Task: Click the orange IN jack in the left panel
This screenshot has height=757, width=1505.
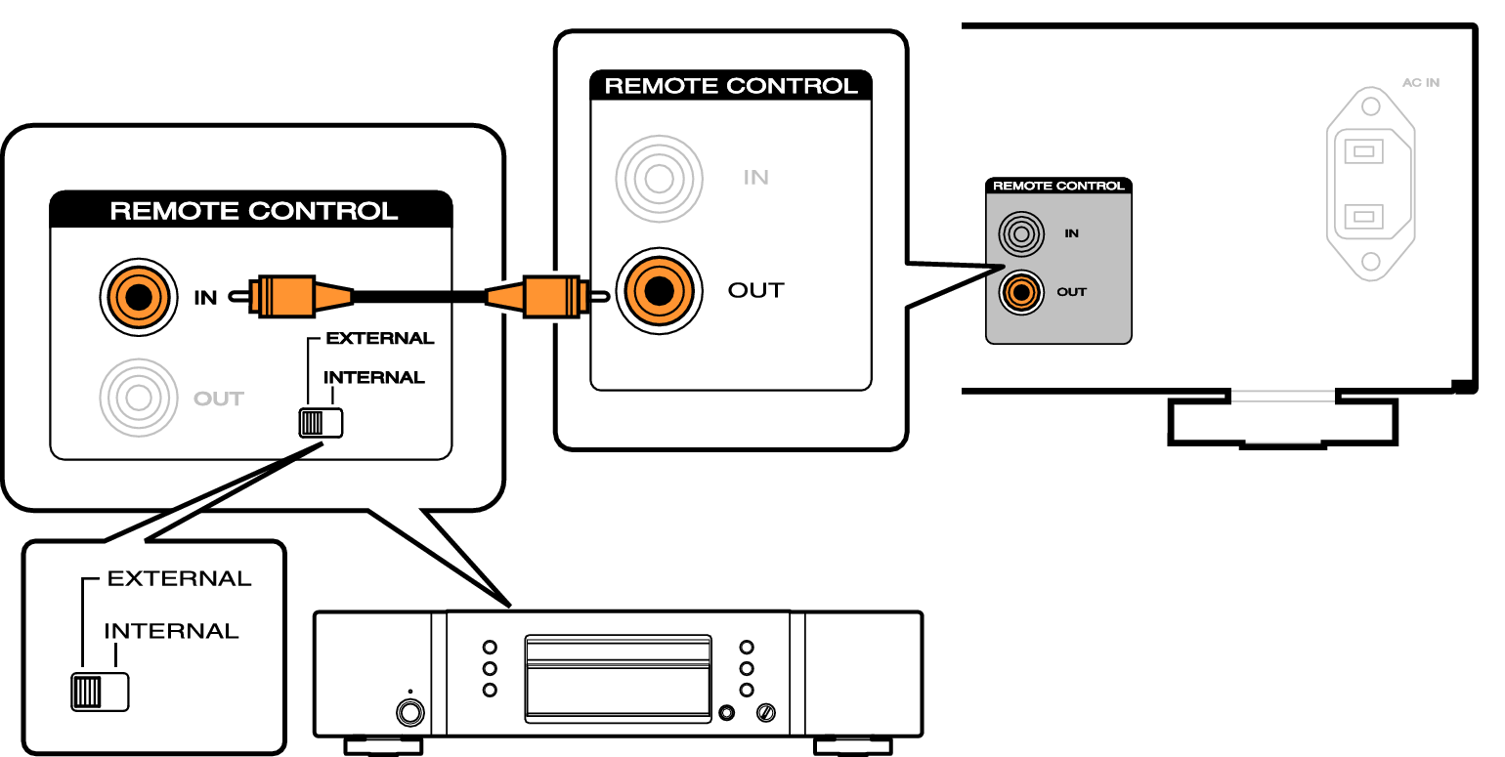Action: coord(139,297)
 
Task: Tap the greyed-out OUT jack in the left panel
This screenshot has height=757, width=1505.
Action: coord(139,398)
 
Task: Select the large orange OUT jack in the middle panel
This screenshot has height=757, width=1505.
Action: coord(659,291)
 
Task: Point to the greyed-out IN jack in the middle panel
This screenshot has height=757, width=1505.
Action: coord(659,179)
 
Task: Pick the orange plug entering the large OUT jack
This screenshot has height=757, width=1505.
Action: coord(545,296)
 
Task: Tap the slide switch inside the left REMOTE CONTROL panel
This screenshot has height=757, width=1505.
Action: coord(321,423)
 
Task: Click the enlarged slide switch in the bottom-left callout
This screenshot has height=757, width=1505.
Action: coord(100,692)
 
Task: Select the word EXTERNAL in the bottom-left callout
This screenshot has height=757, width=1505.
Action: coord(180,578)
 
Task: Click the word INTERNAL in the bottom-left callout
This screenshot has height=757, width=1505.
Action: coord(171,631)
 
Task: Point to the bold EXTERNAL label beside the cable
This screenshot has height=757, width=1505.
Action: coord(379,338)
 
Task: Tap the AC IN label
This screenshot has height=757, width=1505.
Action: coord(1420,83)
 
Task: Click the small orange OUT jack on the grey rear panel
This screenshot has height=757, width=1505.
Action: coord(1021,292)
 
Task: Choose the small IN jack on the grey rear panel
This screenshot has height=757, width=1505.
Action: coord(1021,233)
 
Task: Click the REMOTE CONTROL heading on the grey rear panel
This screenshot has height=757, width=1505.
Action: coord(1058,186)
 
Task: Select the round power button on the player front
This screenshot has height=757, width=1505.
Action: coord(410,712)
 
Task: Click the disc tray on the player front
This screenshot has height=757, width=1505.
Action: coord(618,679)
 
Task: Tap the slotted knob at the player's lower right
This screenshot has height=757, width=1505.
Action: coord(766,713)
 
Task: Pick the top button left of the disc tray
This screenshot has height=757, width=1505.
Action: coord(490,647)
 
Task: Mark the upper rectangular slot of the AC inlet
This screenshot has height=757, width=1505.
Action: coord(1364,151)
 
